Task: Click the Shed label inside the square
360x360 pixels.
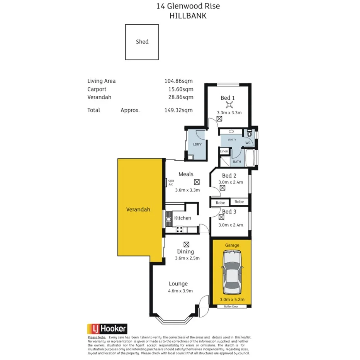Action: tap(142, 42)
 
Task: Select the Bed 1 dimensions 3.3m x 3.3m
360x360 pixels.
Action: tap(229, 113)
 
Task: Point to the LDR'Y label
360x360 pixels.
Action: tap(197, 144)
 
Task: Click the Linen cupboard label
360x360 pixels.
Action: tap(224, 151)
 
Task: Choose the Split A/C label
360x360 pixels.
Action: tap(171, 183)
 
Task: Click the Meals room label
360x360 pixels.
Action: tap(186, 174)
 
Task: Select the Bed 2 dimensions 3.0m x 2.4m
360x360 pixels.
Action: tap(231, 182)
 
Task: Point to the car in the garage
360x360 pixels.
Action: tap(232, 272)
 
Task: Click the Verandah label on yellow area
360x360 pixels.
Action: tap(138, 210)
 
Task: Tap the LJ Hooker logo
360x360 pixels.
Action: tap(107, 329)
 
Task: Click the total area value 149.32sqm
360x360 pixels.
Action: tap(178, 110)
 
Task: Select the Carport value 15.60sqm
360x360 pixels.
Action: tap(178, 89)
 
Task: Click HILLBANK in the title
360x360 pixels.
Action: tap(188, 16)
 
